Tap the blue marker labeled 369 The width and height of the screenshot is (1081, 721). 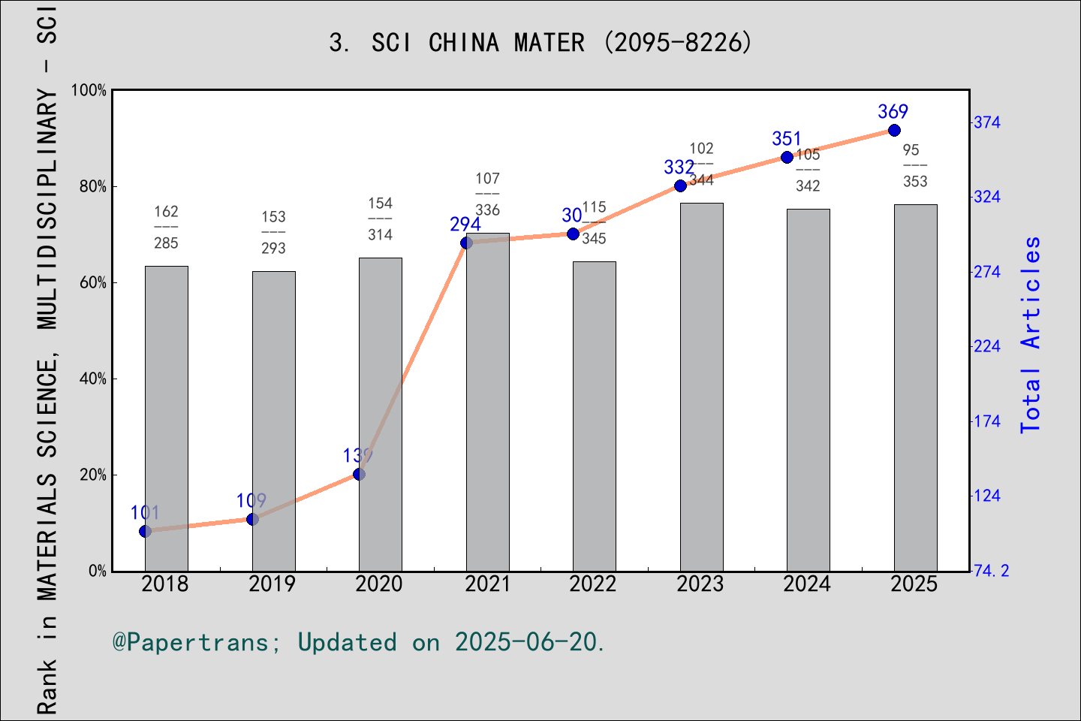coord(894,131)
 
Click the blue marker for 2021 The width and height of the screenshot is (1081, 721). coord(466,243)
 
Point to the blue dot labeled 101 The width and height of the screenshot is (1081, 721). coord(146,531)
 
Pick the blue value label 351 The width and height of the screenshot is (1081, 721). coord(787,139)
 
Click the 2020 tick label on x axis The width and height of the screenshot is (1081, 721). coord(379,584)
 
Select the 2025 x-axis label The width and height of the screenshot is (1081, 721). coord(914,584)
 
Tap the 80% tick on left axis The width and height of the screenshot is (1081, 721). coord(93,186)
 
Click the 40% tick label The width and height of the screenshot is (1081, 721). coord(93,379)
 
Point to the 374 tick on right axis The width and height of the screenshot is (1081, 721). coord(987,122)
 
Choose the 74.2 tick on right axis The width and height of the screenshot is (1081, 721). coord(992,571)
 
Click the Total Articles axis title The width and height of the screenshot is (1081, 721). coord(1031,334)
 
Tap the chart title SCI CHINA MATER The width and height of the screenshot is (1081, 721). coord(540,43)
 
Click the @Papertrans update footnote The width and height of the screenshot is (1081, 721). coord(359,642)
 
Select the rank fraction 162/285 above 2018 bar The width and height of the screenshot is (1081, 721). coord(166,227)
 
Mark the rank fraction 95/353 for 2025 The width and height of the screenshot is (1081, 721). coord(914,166)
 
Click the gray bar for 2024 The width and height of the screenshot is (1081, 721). coord(808,390)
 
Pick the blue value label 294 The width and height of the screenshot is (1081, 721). coord(465,224)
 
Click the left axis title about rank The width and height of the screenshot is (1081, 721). coord(47,360)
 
